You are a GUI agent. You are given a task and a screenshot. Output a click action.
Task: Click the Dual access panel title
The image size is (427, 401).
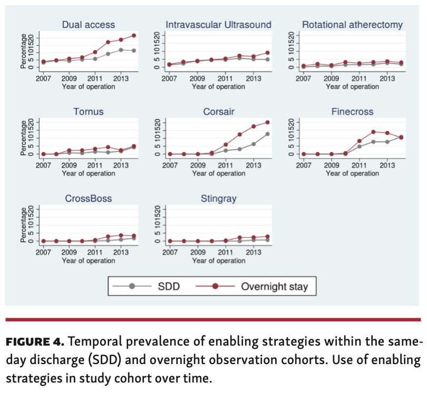(88, 25)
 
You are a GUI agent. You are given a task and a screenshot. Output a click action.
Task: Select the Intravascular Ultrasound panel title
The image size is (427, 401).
(218, 25)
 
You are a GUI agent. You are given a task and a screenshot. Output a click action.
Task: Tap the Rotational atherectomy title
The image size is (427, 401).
(352, 25)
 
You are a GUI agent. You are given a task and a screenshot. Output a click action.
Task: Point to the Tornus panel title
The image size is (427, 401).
(88, 112)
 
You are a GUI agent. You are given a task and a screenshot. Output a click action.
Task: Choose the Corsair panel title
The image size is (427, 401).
(218, 112)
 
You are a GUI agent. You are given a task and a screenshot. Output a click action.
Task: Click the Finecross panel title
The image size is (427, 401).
(352, 112)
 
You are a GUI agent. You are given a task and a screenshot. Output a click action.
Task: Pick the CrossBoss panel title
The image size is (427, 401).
(88, 199)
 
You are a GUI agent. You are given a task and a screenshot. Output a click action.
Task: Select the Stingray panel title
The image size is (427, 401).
(218, 199)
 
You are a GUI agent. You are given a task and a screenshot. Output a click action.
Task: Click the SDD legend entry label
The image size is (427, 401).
(169, 287)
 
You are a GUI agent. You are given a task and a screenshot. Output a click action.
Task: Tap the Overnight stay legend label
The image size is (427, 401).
(274, 287)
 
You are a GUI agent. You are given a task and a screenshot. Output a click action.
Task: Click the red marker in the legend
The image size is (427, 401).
(215, 287)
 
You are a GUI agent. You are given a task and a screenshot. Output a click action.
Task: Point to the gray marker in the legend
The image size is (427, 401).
(132, 287)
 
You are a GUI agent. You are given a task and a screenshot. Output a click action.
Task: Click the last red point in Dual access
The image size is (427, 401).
(134, 35)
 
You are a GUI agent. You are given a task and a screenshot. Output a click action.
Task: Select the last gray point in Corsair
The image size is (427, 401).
(268, 133)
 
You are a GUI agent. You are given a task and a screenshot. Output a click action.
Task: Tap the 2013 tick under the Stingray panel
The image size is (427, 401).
(254, 252)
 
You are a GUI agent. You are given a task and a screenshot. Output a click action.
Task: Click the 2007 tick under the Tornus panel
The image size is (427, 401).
(44, 165)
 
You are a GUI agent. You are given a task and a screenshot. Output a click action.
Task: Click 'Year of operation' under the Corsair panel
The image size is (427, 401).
(218, 173)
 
